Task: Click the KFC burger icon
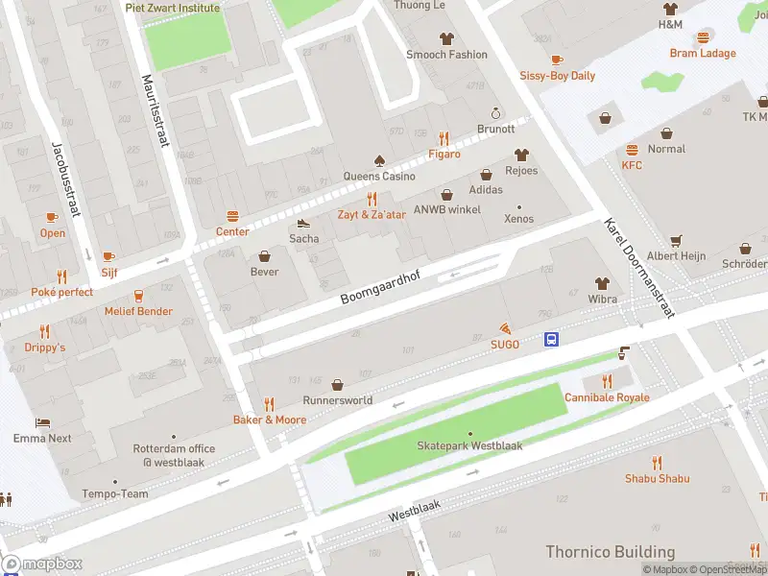[632, 150]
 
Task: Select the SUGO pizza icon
[505, 328]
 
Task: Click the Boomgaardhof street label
[382, 285]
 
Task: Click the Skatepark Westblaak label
[469, 446]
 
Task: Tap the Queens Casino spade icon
[379, 160]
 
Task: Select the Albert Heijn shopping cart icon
[676, 241]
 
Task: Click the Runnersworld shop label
[337, 399]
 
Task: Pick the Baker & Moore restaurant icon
[270, 404]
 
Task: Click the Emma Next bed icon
[42, 422]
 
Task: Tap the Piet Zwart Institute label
[173, 8]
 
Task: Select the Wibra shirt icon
[602, 283]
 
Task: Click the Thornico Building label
[610, 552]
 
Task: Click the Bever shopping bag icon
[265, 256]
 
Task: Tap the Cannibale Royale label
[607, 397]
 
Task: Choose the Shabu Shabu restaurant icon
[658, 463]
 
